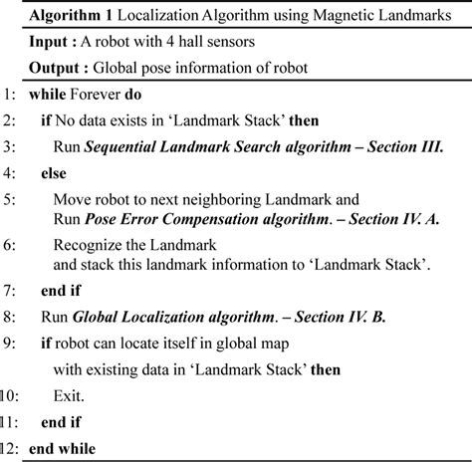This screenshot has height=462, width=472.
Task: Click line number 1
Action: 11,99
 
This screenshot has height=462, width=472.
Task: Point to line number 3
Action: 11,148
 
